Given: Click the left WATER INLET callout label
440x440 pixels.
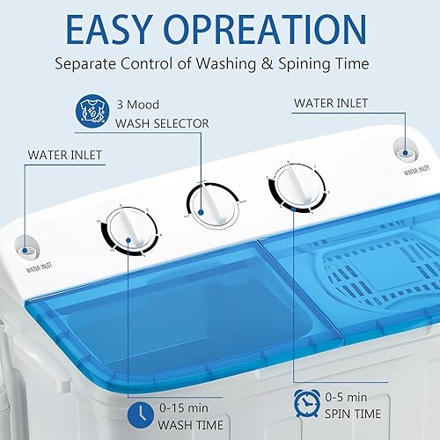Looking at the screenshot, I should coord(65,156).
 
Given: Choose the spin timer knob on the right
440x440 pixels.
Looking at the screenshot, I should coord(289,187).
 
